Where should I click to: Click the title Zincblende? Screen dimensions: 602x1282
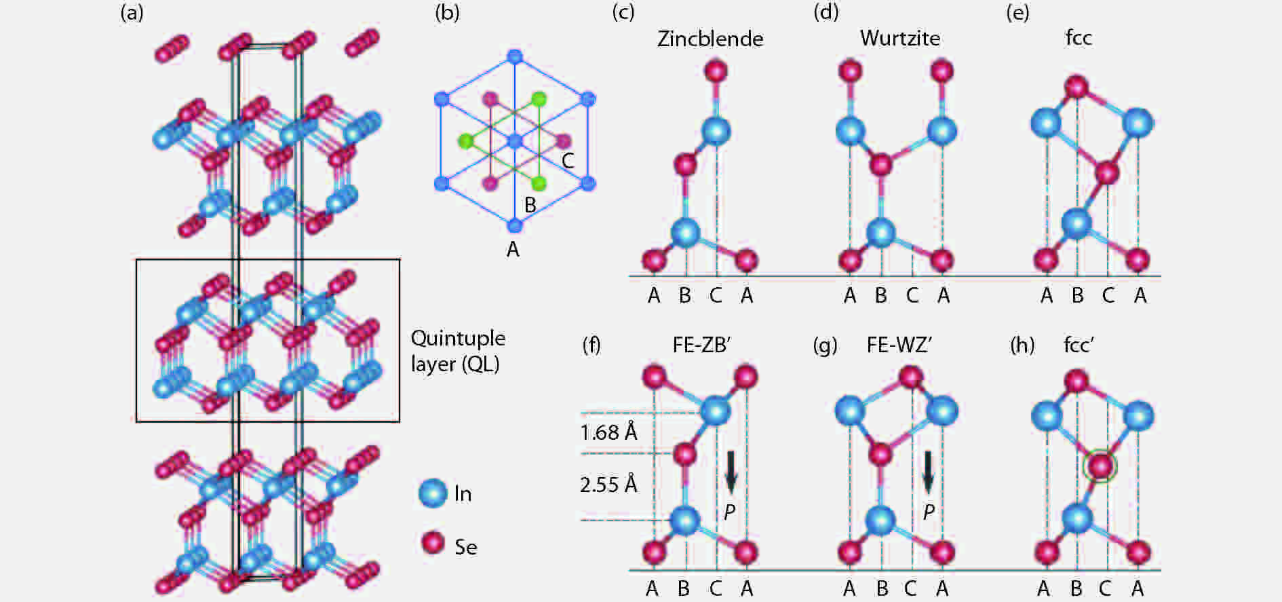tap(710, 39)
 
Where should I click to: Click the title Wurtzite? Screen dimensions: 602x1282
tap(900, 38)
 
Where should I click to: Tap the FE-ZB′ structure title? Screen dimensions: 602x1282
tap(701, 345)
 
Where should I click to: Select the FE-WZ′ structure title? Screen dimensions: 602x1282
tap(899, 345)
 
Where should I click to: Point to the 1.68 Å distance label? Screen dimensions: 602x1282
tap(608, 432)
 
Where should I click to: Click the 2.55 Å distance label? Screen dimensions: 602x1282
tap(608, 485)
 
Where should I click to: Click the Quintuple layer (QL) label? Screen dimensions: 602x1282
tap(458, 351)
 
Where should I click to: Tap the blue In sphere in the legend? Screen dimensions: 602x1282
tap(433, 493)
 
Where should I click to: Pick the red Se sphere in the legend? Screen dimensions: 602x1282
tap(433, 544)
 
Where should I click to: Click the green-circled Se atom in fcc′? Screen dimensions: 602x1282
tap(1100, 466)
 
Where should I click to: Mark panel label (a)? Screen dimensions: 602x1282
tap(132, 12)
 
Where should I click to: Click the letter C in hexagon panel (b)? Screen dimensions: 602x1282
tap(568, 161)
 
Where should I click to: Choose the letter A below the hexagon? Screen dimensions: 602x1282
tap(513, 250)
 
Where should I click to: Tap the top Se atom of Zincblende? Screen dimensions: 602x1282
tap(716, 71)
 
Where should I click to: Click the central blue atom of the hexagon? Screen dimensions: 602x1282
tap(515, 141)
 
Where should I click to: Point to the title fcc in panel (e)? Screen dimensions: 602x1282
tap(1079, 38)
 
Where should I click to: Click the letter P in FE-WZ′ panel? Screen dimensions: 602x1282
tap(929, 512)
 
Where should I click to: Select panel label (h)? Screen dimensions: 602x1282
tap(1022, 345)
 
